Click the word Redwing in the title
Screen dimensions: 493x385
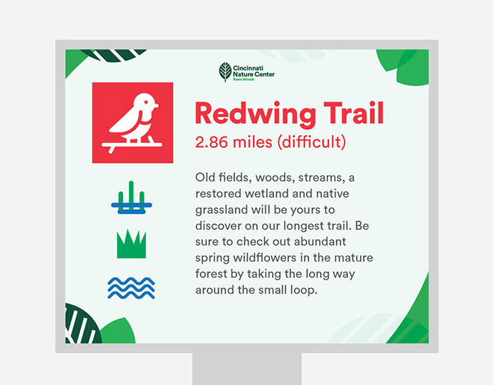255,114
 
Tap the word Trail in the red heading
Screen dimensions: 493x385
353,113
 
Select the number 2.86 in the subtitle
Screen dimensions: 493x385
211,142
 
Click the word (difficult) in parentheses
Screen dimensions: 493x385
311,142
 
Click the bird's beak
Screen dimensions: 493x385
156,106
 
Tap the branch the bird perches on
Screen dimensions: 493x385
132,146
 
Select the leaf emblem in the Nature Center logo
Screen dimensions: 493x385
225,72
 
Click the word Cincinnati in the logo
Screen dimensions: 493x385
248,68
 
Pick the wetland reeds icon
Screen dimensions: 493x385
132,198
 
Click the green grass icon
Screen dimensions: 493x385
132,244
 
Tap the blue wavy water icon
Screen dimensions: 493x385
131,288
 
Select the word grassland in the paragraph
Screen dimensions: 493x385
221,210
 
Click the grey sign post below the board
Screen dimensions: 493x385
247,369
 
